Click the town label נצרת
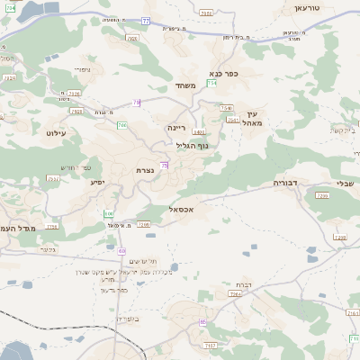click(146, 170)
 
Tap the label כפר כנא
click(221, 73)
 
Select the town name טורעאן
click(308, 7)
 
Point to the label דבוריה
click(292, 183)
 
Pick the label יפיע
click(98, 182)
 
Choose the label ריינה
click(176, 128)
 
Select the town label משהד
click(185, 85)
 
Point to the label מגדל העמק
click(18, 229)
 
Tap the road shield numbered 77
click(145, 21)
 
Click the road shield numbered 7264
click(235, 293)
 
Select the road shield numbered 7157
click(211, 345)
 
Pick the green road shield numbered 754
click(211, 83)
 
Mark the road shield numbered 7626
click(75, 93)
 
